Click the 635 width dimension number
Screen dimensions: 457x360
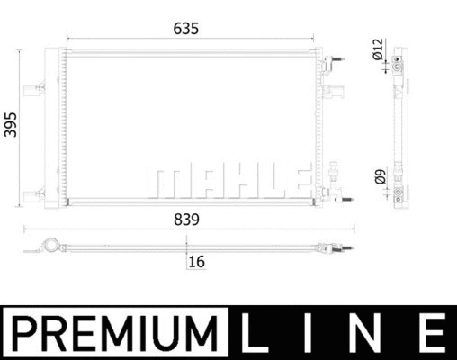click(186, 29)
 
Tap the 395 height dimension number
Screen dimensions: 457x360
click(11, 125)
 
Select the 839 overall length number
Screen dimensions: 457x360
click(186, 220)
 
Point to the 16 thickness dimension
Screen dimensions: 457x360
click(197, 262)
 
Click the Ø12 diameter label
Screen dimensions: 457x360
click(378, 49)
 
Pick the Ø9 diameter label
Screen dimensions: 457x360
click(381, 177)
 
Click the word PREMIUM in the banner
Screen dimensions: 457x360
click(115, 333)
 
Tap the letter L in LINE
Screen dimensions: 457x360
click(255, 333)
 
